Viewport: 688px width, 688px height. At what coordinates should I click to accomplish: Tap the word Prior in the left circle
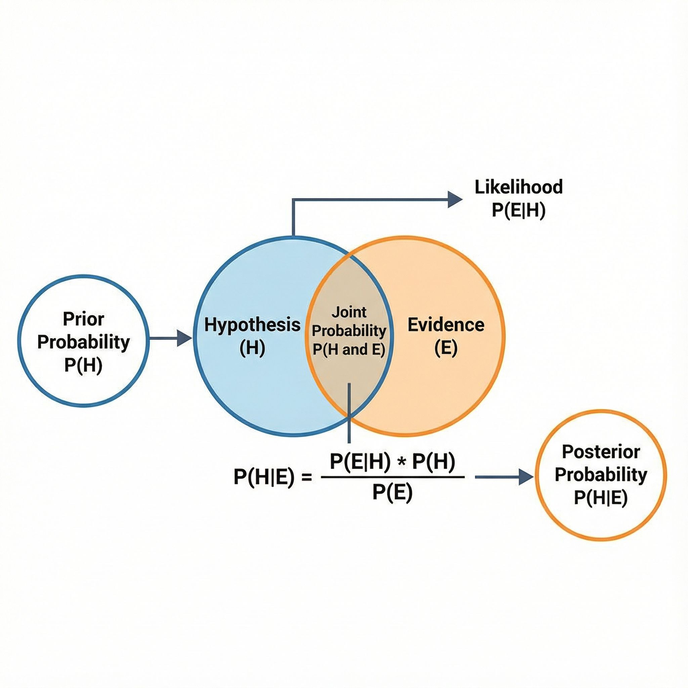[83, 319]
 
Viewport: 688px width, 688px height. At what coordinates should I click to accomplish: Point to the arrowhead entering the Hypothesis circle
[185, 338]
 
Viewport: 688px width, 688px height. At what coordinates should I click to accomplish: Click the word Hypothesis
[252, 325]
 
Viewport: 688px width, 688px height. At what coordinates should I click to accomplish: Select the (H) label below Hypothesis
[252, 348]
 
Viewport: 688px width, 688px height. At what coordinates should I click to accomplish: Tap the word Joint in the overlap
[349, 312]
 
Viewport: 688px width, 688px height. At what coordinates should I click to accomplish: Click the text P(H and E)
[349, 350]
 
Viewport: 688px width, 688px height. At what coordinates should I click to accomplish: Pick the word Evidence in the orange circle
[446, 325]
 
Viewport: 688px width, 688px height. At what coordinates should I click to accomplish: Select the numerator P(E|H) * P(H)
[392, 462]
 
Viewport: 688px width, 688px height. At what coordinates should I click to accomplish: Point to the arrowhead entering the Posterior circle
[526, 477]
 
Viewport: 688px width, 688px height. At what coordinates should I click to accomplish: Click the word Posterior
[601, 452]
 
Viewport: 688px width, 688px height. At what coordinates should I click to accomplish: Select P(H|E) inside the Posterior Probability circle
[601, 498]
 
